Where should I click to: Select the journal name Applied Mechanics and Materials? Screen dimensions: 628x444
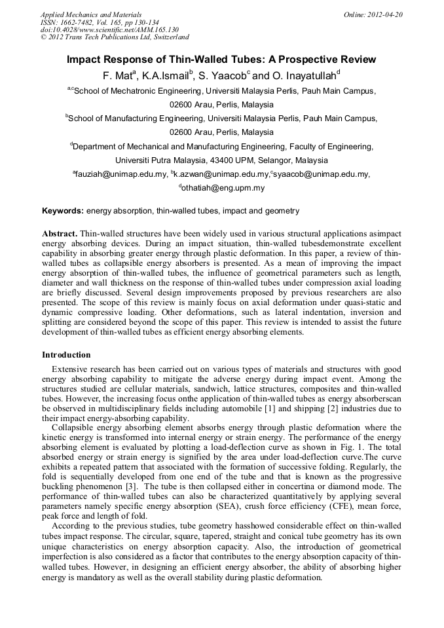point(90,14)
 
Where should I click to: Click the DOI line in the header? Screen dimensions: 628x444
point(109,29)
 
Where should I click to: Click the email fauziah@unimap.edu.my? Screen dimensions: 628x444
point(120,174)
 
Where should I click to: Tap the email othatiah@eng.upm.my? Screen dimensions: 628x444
point(223,188)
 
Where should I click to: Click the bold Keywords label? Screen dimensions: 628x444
point(63,211)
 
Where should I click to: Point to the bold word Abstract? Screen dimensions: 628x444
point(60,234)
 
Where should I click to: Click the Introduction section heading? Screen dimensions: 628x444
point(66,355)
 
